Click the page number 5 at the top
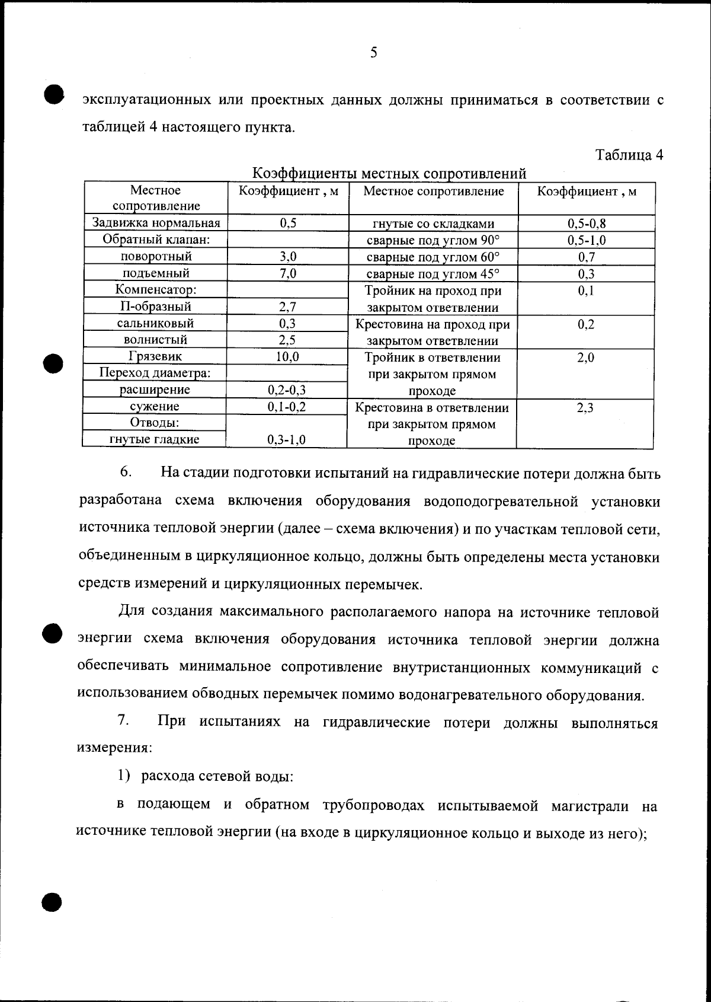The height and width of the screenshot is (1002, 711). pyautogui.click(x=373, y=53)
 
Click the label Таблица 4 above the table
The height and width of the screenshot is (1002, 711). pyautogui.click(x=629, y=155)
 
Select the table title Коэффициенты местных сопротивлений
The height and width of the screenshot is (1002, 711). pyautogui.click(x=389, y=174)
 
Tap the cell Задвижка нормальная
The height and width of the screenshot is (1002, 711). pyautogui.click(x=156, y=223)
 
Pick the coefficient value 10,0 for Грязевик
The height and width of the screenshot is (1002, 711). pyautogui.click(x=287, y=356)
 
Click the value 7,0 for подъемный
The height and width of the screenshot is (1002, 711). pyautogui.click(x=287, y=273)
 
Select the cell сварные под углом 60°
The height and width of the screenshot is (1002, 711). pyautogui.click(x=433, y=257)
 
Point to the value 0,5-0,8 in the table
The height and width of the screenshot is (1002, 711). pyautogui.click(x=587, y=224)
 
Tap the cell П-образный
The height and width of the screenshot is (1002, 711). pyautogui.click(x=156, y=307)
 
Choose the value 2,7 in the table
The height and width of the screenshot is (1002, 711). pyautogui.click(x=287, y=307)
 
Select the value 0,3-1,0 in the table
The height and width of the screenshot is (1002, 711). pyautogui.click(x=287, y=439)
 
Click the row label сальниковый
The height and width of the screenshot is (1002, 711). pyautogui.click(x=155, y=323)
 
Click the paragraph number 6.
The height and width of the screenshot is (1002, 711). pyautogui.click(x=125, y=472)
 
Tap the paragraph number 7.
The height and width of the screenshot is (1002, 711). pyautogui.click(x=123, y=721)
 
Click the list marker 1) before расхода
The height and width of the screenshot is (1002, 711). pyautogui.click(x=123, y=776)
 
